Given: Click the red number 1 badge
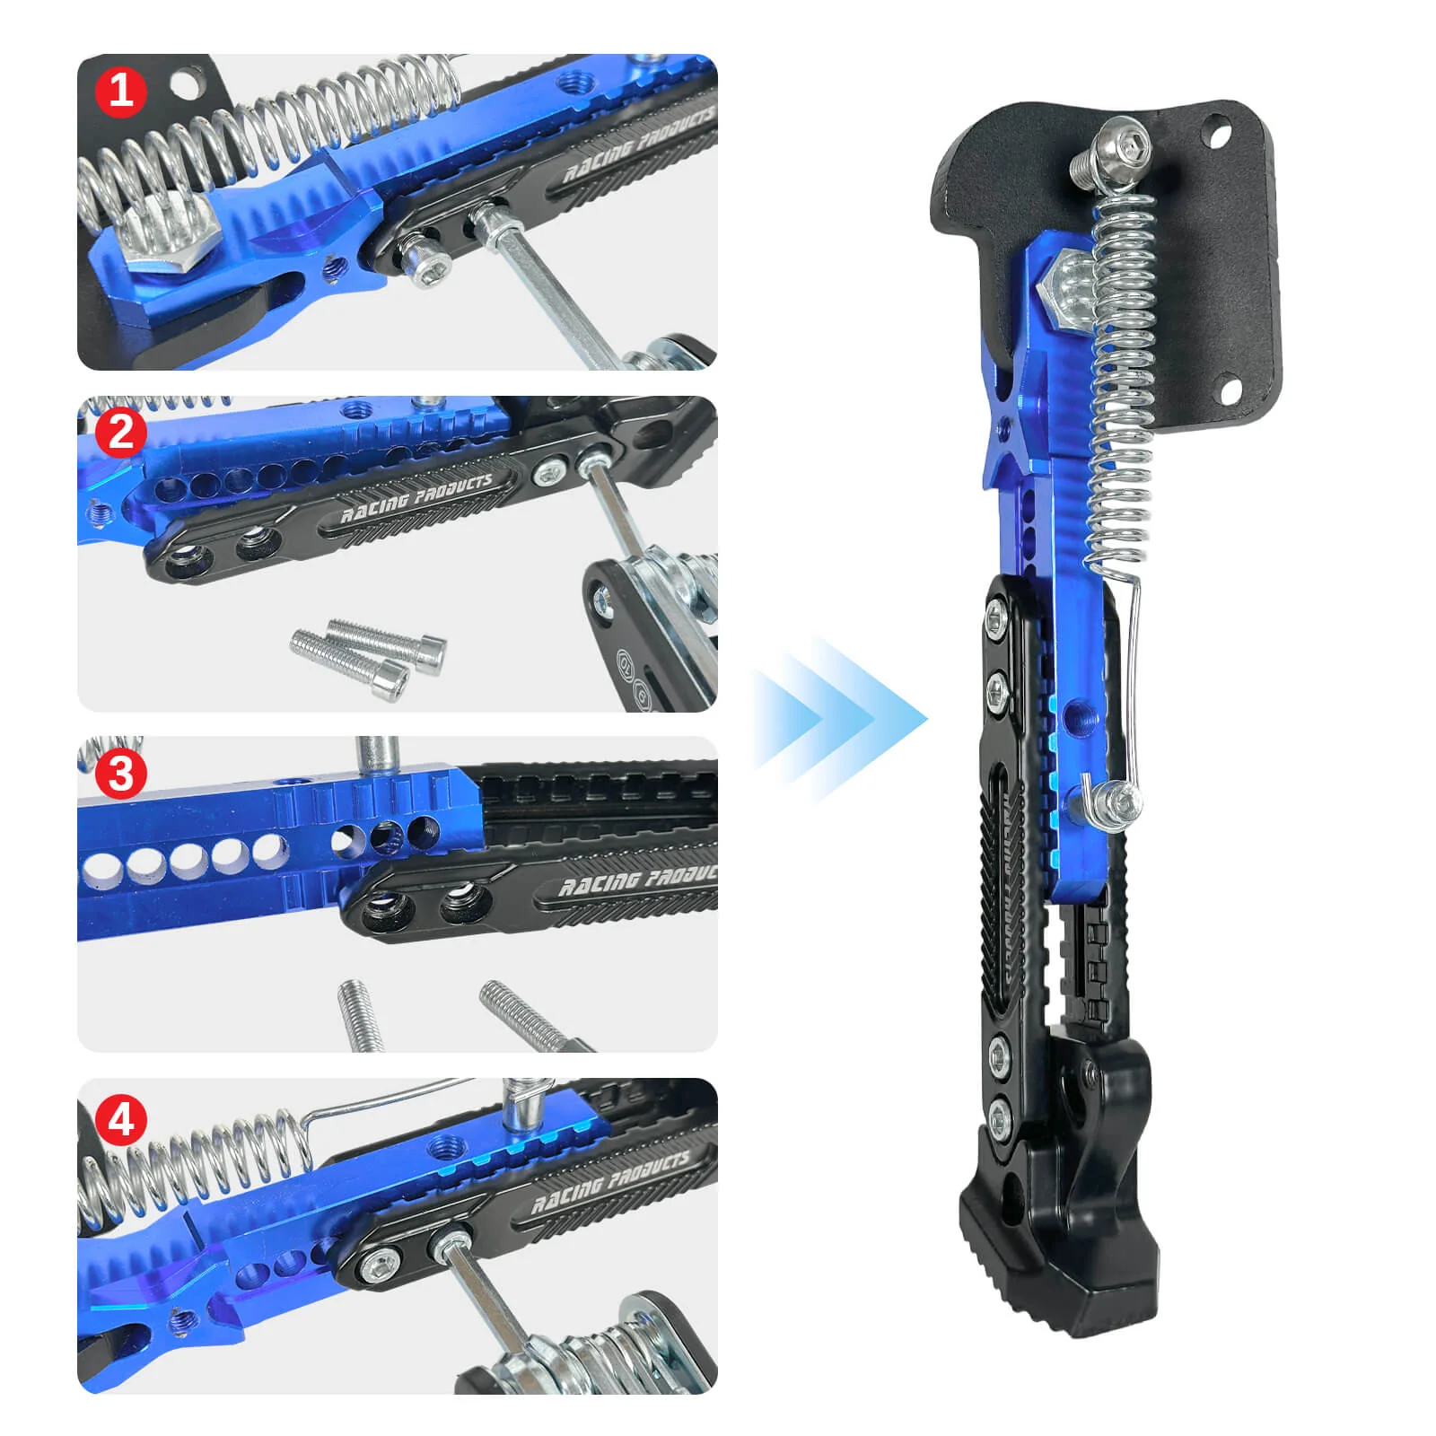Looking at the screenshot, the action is [121, 91].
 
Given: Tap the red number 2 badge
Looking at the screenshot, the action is [121, 432].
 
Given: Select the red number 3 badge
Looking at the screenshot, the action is [121, 774].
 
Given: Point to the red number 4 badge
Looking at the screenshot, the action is [121, 1120].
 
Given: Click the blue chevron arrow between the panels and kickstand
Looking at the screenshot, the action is [839, 718].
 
